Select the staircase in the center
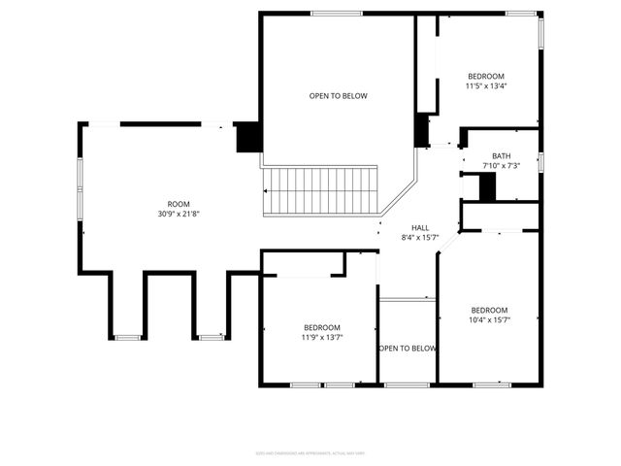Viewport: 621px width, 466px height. (x=320, y=189)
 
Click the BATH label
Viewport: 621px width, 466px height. (x=501, y=156)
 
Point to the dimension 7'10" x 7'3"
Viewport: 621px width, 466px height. (x=501, y=166)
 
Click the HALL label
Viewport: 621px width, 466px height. (x=420, y=227)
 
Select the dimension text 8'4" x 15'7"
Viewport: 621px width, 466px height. (x=420, y=238)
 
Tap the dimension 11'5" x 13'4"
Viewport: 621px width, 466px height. (x=486, y=85)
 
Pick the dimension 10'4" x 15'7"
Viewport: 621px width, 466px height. (x=489, y=320)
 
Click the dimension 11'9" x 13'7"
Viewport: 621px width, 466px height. (x=321, y=338)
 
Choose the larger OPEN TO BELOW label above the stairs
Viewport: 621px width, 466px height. (x=338, y=95)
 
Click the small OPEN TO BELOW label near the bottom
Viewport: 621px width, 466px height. (x=408, y=349)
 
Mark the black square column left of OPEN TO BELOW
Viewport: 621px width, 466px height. (x=248, y=137)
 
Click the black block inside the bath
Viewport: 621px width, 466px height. (x=487, y=186)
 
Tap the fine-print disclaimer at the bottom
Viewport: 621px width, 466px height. (x=310, y=452)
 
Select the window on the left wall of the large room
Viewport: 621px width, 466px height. (x=81, y=184)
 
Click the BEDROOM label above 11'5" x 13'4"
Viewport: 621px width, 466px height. (x=486, y=76)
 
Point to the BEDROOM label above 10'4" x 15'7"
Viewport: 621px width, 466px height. (x=489, y=311)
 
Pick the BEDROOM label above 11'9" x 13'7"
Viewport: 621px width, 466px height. (x=321, y=327)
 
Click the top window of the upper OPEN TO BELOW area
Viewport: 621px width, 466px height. (x=337, y=13)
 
